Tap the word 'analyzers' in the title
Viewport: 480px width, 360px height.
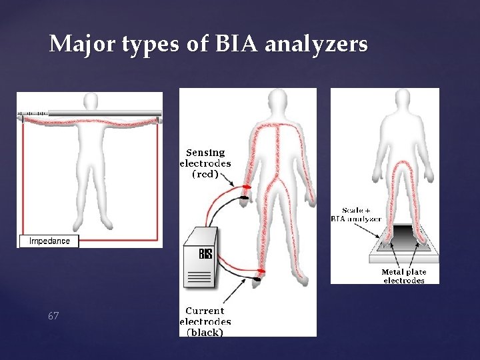[316, 45]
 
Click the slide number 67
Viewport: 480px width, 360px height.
[53, 315]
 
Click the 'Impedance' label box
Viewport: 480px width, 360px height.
[49, 241]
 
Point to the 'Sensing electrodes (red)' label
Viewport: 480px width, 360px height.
[205, 163]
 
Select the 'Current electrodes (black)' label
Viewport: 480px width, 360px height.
[205, 321]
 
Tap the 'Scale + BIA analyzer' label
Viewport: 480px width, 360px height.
[357, 214]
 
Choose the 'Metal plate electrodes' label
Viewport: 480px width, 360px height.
[403, 276]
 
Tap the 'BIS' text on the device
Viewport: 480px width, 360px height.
[206, 254]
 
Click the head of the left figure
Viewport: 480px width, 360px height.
[89, 103]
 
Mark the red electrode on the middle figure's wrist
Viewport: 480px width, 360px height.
[247, 187]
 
